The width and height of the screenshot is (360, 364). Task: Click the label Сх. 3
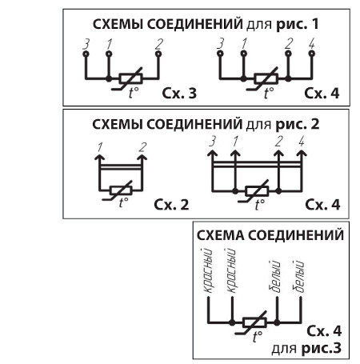coord(179,94)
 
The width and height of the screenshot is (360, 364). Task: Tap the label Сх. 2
coord(171,205)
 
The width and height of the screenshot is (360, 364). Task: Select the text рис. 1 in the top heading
coord(298,24)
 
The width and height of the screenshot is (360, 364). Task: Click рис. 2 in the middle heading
coord(298,124)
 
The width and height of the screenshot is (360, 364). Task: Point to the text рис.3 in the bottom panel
coord(322,348)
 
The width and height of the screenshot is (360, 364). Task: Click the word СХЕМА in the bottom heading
coord(220,235)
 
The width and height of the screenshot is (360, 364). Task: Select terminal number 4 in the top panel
coord(312,44)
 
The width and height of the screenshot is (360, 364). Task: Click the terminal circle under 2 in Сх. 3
coord(158,54)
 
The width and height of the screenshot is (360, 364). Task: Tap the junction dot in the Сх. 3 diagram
coord(109,79)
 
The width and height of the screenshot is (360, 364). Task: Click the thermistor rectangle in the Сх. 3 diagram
coord(130,78)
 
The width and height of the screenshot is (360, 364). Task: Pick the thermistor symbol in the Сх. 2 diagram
coord(121,190)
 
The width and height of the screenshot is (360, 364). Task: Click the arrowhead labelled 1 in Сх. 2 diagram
coord(100,157)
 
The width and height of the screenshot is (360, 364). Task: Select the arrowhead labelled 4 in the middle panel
coord(302,154)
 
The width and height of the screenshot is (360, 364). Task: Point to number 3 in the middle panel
coord(212,142)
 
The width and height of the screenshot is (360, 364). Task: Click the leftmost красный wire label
coord(208,270)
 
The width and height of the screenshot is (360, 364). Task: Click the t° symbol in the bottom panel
coord(258,336)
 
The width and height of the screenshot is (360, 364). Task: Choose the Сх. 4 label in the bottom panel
coord(324,331)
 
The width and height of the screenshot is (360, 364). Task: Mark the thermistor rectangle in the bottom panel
coord(254,322)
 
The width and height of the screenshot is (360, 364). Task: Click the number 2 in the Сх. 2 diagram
coord(143,147)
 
